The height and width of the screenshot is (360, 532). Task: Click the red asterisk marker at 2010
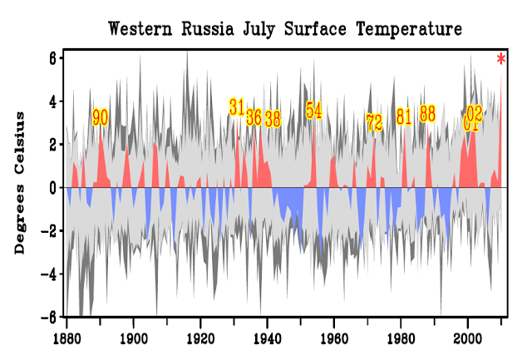(x=501, y=59)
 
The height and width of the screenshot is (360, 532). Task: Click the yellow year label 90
(x=100, y=117)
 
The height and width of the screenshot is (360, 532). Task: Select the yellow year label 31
(x=237, y=106)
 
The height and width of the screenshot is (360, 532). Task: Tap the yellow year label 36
(x=254, y=117)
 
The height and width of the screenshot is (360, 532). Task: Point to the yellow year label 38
(x=272, y=118)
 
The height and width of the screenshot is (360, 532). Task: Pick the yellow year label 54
(x=313, y=111)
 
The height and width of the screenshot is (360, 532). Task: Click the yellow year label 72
(x=374, y=122)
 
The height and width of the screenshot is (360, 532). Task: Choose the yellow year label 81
(x=404, y=116)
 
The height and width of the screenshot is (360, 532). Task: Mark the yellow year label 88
(x=427, y=113)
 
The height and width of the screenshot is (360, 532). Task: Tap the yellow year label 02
(x=475, y=112)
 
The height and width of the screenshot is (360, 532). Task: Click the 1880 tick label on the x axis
(x=66, y=339)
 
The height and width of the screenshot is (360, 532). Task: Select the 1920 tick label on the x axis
(x=200, y=339)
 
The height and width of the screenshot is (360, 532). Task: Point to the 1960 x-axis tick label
(x=334, y=339)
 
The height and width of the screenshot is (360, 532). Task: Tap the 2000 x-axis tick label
(x=468, y=339)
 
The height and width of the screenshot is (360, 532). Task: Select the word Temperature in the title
(x=409, y=30)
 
